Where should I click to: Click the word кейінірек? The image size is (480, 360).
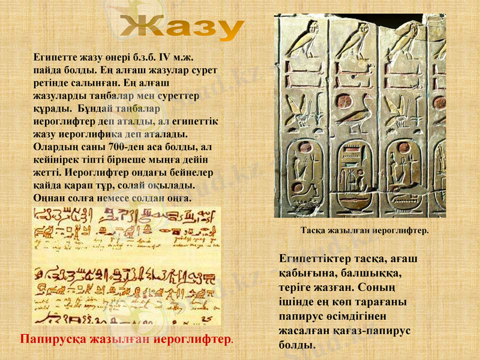coord(55,159)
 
